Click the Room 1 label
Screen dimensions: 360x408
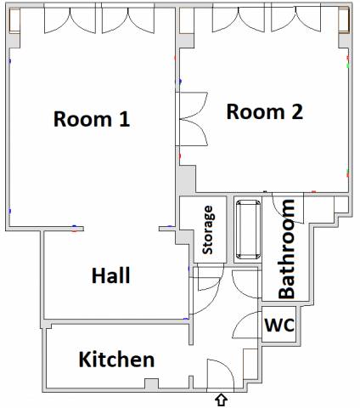92,119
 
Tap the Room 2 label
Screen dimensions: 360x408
265,111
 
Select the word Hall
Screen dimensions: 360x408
111,275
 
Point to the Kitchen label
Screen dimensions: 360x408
116,360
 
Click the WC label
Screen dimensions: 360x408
279,325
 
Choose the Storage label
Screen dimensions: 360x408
208,230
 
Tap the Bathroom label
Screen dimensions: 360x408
286,249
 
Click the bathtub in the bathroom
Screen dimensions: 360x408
248,229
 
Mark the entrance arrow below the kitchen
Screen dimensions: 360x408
222,400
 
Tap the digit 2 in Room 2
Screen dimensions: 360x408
297,111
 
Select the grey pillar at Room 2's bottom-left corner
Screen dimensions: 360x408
186,179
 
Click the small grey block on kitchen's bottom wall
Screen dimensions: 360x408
151,384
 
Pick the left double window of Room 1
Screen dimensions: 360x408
70,20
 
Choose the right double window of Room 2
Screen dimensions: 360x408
296,19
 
